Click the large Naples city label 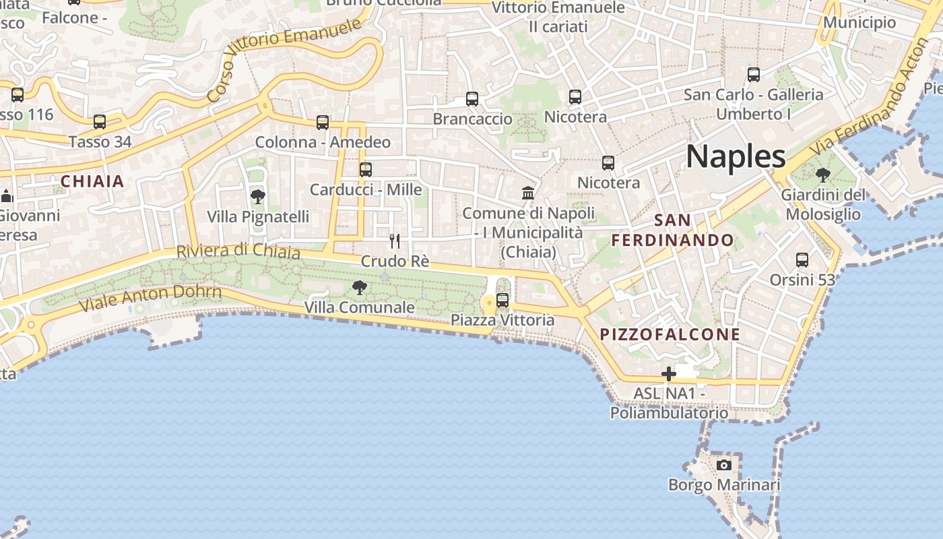coord(736,156)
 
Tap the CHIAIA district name coord(93,181)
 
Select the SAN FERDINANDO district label coord(672,230)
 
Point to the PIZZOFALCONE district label coord(670,334)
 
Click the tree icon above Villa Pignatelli coord(257,197)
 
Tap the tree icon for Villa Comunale coord(360,288)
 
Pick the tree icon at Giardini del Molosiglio coord(822,175)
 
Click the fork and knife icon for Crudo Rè coord(395,241)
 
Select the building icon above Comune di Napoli coord(528,193)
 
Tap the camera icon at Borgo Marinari coord(724,465)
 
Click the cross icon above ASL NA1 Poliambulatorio coord(668,373)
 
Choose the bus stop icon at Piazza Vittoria coord(502,300)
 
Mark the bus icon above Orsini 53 coord(802,259)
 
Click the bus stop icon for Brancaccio coord(472,99)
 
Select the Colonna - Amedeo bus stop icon coord(323,123)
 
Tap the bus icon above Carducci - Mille coord(366,170)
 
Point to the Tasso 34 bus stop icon coord(100,122)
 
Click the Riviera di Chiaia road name coord(238,251)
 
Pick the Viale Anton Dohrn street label coord(150,297)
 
